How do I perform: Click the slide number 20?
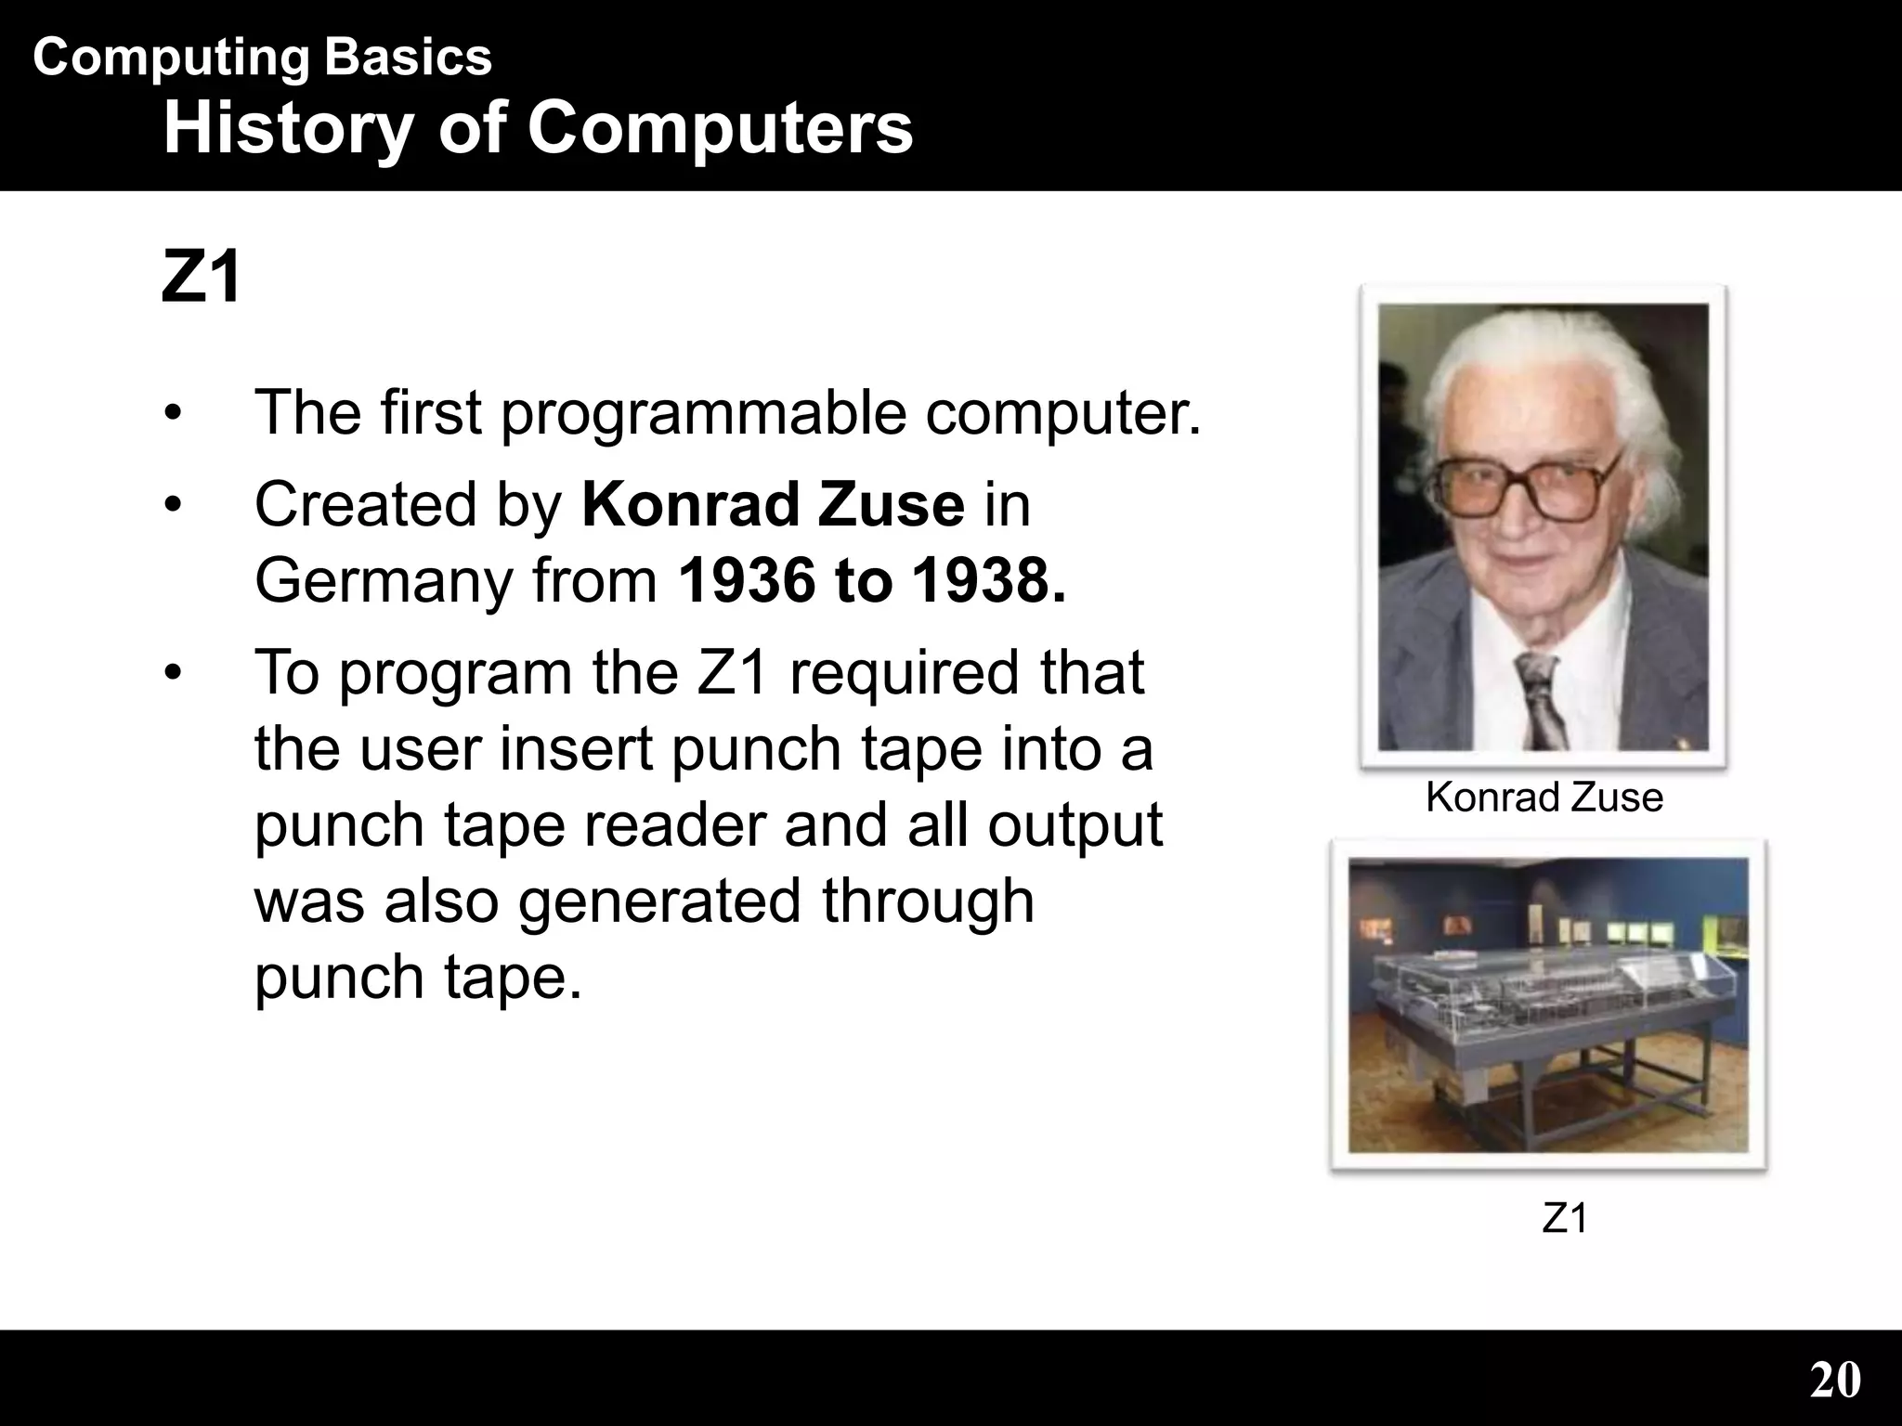click(x=1834, y=1380)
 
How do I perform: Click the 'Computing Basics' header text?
click(x=262, y=58)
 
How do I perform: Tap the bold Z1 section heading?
click(x=201, y=278)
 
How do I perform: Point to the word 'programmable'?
click(x=703, y=413)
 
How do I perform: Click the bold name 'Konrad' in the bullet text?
click(x=689, y=505)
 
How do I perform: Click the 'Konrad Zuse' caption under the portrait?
click(x=1544, y=797)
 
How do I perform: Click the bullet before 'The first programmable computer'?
click(x=172, y=414)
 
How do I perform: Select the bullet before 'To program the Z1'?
click(x=172, y=673)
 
